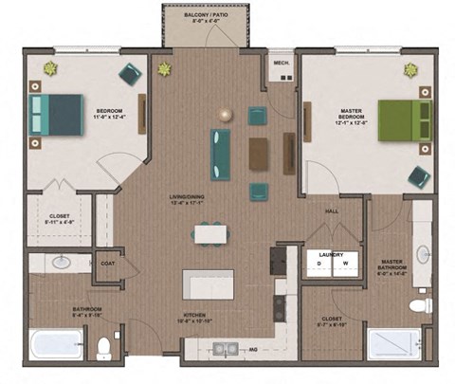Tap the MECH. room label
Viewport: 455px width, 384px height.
coord(281,64)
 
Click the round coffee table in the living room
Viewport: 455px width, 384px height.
coord(226,115)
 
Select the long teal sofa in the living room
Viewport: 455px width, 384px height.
coord(221,155)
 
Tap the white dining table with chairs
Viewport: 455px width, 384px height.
coord(210,233)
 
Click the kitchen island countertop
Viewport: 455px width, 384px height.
coord(208,283)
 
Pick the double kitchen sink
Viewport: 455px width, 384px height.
coord(226,348)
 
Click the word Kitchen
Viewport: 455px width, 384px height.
coord(196,315)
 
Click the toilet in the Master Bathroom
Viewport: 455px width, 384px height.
coord(421,305)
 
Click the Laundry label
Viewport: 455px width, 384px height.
coord(331,253)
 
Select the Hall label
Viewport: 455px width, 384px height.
coord(332,211)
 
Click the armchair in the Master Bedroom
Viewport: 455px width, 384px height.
coord(418,176)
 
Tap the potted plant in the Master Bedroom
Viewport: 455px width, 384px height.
coord(410,69)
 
